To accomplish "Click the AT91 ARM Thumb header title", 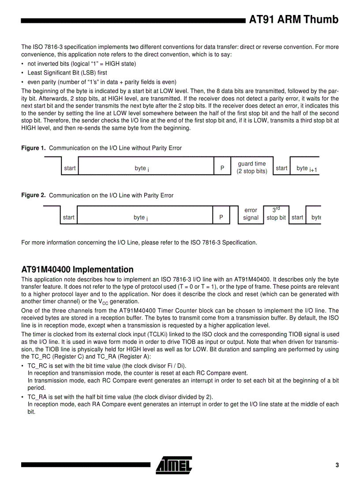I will tap(294, 20).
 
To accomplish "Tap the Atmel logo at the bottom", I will tap(174, 465).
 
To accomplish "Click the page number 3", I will tap(337, 465).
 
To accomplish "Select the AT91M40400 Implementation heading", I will tap(77, 269).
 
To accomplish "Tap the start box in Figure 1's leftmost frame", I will tap(70, 168).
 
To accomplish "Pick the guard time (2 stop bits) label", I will tap(252, 167).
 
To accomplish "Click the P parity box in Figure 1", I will tap(222, 168).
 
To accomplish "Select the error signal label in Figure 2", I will tap(251, 214).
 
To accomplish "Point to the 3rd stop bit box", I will tap(276, 214).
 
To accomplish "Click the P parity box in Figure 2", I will tap(221, 217).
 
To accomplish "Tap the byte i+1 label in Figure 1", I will tap(307, 168).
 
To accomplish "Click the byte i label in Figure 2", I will tap(141, 217).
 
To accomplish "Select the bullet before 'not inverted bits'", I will tap(22, 64).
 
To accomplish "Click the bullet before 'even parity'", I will tap(22, 82).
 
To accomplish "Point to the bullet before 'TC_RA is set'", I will tap(22, 397).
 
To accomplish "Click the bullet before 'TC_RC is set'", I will tap(22, 366).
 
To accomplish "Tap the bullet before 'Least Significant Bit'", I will tap(22, 73).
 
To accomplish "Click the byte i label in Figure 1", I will tap(142, 168).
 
